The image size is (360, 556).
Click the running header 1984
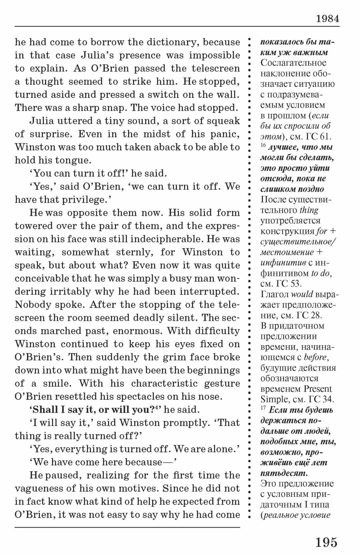(x=327, y=19)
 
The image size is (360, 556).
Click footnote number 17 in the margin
(x=263, y=409)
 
